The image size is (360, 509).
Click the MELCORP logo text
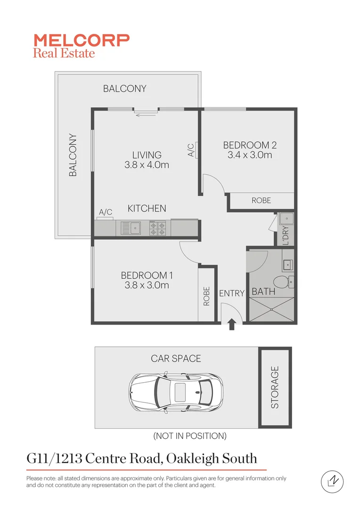[81, 40]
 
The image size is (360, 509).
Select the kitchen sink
[128, 229]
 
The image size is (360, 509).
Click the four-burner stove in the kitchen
[158, 229]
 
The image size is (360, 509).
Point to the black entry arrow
[231, 324]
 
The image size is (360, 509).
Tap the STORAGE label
[275, 387]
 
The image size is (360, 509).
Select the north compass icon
[332, 481]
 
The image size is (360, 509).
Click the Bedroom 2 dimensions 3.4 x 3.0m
[250, 155]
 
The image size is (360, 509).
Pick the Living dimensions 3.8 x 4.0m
[147, 165]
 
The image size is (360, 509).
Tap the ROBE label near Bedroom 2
[261, 200]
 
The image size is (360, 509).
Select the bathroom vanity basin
[287, 264]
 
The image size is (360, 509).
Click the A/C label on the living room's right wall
[191, 150]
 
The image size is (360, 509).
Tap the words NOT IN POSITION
[190, 436]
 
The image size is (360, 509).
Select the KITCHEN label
[147, 208]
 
